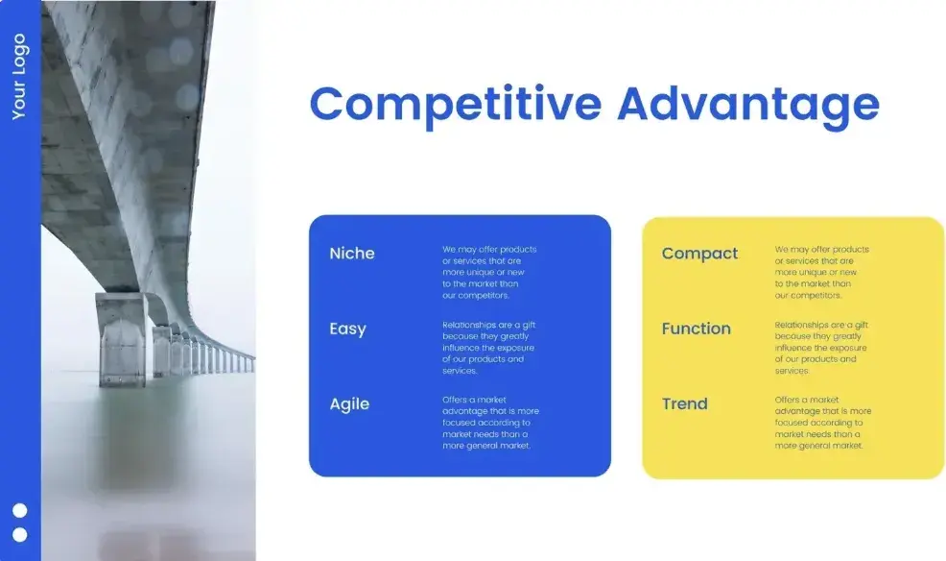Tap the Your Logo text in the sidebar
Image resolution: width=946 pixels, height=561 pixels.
point(19,77)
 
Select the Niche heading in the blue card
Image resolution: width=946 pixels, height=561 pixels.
point(352,253)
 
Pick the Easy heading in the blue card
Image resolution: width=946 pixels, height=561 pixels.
point(347,329)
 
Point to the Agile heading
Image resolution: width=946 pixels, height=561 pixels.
point(349,404)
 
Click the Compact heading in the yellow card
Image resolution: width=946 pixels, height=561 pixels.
point(699,254)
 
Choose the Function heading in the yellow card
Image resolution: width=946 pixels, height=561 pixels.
point(696,329)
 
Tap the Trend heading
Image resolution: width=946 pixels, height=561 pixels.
point(684,403)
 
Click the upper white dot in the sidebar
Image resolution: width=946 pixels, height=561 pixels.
point(20,511)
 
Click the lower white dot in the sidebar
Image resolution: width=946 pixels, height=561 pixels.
point(20,535)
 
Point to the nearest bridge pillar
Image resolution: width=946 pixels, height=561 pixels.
point(121,339)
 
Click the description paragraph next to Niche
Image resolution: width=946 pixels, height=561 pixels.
point(489,273)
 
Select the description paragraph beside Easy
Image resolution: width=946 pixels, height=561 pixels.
point(488,348)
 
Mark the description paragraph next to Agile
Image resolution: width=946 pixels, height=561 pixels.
point(490,423)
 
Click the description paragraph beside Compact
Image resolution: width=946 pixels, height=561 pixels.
point(821,273)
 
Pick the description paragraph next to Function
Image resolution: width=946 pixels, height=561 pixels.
point(821,348)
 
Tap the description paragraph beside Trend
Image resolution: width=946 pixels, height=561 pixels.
point(823,423)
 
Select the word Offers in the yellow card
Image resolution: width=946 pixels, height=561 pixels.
point(786,400)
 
